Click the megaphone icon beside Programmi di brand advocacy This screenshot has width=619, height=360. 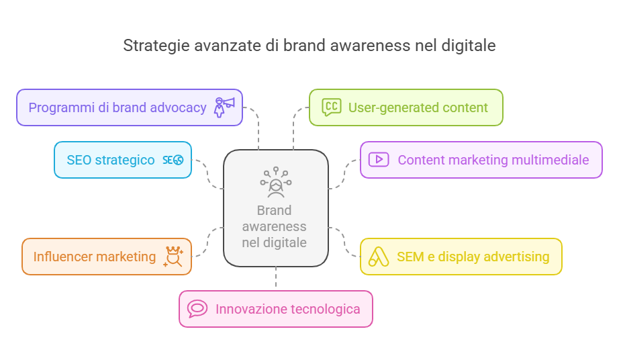click(224, 107)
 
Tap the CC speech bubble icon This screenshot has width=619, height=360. click(331, 107)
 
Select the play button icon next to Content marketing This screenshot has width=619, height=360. click(379, 159)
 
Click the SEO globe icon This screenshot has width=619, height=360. click(173, 160)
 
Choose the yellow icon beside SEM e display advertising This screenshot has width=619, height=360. click(379, 257)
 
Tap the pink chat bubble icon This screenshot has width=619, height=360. click(197, 309)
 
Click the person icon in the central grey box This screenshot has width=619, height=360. click(276, 183)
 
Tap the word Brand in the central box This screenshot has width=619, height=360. click(275, 210)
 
